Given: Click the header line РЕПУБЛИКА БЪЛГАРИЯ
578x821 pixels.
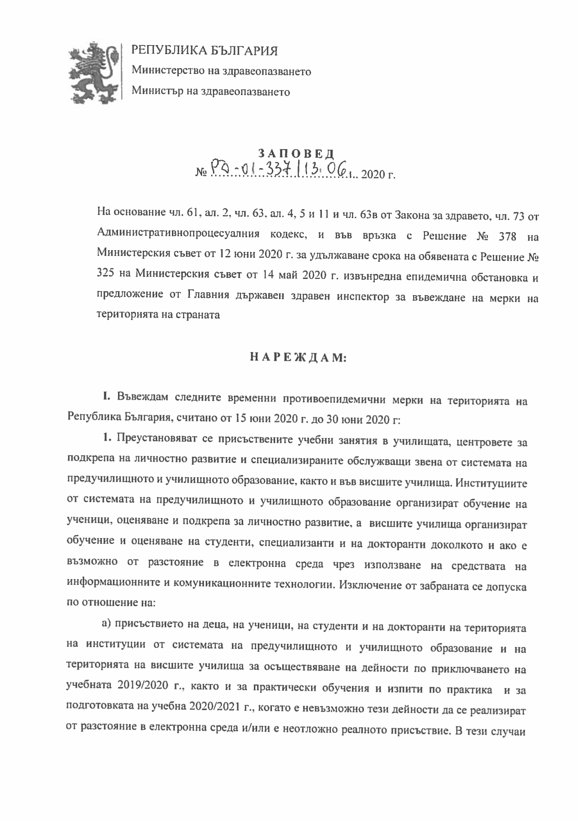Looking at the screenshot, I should click(x=204, y=51).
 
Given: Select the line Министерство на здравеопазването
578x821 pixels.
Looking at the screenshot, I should click(x=221, y=71).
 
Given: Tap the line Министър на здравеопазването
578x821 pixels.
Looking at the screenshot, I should click(x=211, y=92).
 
